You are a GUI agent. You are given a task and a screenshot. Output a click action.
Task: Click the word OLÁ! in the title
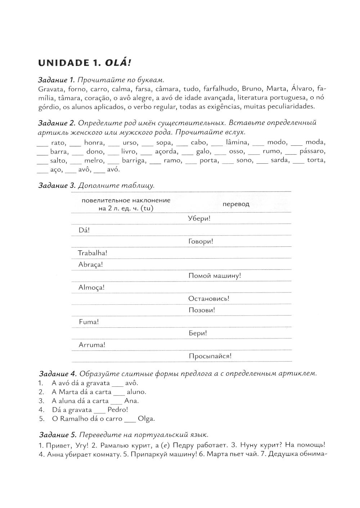(117, 63)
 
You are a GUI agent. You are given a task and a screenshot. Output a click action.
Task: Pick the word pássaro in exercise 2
(312, 151)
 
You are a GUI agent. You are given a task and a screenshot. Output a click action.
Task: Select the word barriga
(133, 160)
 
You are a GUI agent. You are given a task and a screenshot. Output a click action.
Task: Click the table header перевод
(236, 204)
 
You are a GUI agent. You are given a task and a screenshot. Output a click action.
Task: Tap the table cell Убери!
(199, 218)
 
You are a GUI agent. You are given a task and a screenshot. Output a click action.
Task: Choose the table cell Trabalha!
(93, 253)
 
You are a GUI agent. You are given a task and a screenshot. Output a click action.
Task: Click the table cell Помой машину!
(215, 276)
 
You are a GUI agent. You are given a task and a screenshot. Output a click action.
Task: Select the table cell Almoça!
(91, 287)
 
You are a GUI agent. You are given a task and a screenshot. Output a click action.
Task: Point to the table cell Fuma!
(89, 322)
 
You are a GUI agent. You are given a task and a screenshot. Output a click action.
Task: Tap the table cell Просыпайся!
(210, 356)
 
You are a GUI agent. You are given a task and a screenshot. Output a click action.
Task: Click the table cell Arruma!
(92, 345)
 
